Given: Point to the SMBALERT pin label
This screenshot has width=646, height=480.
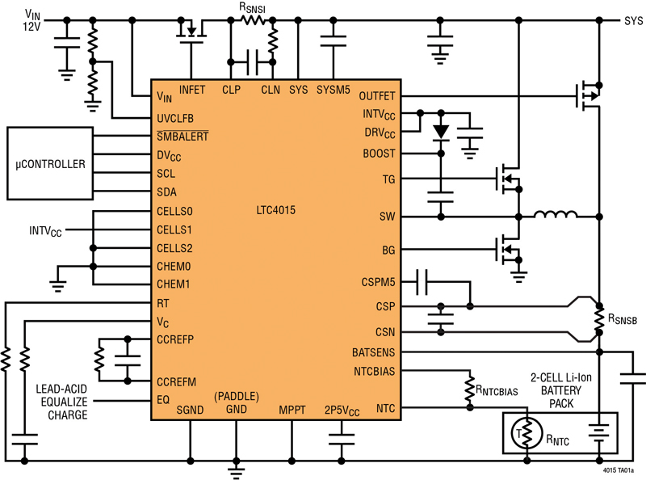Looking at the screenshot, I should (x=183, y=136).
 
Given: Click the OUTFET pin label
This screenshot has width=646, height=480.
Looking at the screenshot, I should (x=376, y=96).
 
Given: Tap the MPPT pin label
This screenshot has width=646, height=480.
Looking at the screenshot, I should (x=292, y=410).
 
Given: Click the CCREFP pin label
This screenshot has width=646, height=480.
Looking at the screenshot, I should (x=178, y=338).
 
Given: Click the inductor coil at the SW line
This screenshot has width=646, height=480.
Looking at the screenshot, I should (x=556, y=215).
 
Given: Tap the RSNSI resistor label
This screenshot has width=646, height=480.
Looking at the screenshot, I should (x=257, y=7).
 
